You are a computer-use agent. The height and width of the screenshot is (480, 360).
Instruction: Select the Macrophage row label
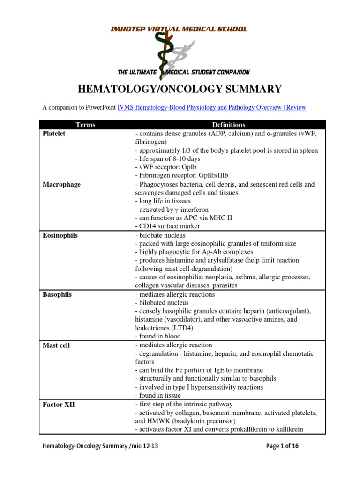[x=61, y=185]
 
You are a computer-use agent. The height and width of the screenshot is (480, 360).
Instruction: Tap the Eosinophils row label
[x=60, y=236]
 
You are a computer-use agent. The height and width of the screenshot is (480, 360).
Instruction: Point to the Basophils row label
[x=57, y=295]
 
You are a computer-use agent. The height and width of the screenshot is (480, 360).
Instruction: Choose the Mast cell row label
[x=57, y=345]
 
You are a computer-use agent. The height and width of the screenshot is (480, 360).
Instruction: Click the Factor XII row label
[x=58, y=405]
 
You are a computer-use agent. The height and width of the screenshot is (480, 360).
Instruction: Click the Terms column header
[x=85, y=125]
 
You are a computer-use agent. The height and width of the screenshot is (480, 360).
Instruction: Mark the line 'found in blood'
[x=157, y=336]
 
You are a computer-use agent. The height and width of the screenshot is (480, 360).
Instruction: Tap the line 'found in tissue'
[x=158, y=395]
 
